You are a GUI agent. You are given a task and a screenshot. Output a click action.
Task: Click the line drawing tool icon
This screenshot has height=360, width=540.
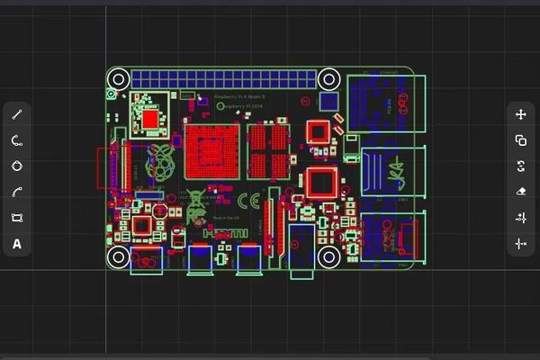[x=16, y=114]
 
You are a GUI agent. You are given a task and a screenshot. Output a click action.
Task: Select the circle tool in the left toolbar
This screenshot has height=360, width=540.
[x=16, y=166]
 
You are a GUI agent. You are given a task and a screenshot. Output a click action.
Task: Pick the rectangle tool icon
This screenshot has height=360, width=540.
[x=16, y=218]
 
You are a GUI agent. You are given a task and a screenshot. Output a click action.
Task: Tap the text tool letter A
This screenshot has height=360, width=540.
[x=16, y=244]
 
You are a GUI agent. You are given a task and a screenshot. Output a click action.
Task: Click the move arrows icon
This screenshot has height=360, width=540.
[x=521, y=114]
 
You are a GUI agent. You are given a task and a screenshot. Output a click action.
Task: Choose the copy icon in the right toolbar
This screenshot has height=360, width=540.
[x=521, y=140]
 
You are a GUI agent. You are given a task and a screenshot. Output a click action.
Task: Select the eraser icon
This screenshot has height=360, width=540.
[x=521, y=192]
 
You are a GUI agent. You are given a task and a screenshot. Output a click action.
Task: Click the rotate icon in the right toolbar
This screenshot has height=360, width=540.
[x=521, y=166]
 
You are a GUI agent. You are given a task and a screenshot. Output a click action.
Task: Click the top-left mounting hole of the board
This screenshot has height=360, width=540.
[x=118, y=78]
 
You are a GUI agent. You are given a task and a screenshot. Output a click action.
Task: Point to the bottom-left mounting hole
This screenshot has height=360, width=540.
[x=118, y=256]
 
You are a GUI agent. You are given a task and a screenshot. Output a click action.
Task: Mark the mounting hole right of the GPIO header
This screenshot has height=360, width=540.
[x=328, y=78]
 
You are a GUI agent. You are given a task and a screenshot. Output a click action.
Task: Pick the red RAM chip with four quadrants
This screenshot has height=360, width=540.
[x=269, y=148]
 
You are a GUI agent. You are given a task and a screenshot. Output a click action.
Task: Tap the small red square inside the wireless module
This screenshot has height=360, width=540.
[x=149, y=117]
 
